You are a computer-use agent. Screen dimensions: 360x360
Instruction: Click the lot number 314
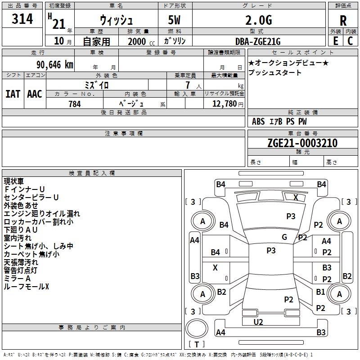pos(22,20)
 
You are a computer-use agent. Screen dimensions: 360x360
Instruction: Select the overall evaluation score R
pos(343,21)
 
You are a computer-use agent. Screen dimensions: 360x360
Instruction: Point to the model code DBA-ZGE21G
pos(258,41)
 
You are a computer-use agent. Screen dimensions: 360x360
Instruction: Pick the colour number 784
pos(75,104)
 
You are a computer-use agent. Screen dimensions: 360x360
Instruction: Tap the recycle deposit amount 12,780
pos(224,104)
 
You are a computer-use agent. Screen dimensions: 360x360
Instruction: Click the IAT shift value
pos(13,94)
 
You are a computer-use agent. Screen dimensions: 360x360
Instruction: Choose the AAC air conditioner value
pos(35,94)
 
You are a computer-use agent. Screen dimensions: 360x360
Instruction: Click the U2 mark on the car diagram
pos(258,322)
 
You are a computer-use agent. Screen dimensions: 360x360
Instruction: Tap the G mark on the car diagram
pos(284,237)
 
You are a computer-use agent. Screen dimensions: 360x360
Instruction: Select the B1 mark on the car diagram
pos(320,292)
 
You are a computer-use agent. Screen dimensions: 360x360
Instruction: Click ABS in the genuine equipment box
pos(258,121)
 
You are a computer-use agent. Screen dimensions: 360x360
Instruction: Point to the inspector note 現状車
pos(14,181)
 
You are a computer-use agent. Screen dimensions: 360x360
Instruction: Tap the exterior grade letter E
pos(335,41)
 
